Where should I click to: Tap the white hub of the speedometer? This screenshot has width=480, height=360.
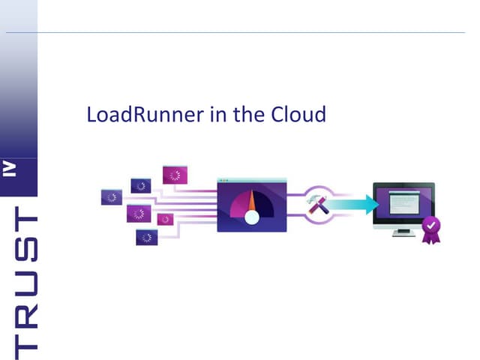(x=252, y=217)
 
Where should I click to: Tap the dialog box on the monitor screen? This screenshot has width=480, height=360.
(x=402, y=201)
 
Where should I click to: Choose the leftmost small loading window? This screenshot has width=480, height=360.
(x=111, y=197)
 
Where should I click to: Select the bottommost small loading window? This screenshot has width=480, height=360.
(x=146, y=237)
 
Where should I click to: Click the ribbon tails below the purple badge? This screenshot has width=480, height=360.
(x=430, y=238)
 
